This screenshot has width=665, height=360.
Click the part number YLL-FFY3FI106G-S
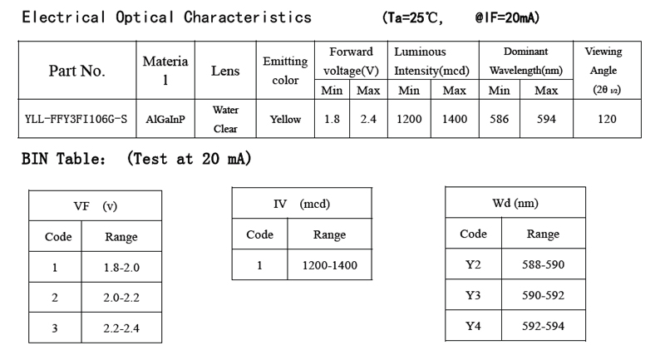pyautogui.click(x=76, y=120)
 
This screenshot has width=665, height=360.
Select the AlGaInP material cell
pyautogui.click(x=165, y=120)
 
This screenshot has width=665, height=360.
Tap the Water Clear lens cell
pyautogui.click(x=225, y=119)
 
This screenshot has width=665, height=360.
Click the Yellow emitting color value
pyautogui.click(x=285, y=120)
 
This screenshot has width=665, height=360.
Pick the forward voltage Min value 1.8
pyautogui.click(x=332, y=120)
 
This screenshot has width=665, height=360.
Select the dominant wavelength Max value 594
pyautogui.click(x=546, y=120)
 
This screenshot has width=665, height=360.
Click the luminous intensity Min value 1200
pyautogui.click(x=409, y=120)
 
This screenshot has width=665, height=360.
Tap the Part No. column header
pyautogui.click(x=76, y=71)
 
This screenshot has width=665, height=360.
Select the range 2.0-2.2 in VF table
pyautogui.click(x=121, y=298)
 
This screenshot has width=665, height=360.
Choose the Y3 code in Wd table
pyautogui.click(x=473, y=295)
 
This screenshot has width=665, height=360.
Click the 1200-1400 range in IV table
pyautogui.click(x=329, y=266)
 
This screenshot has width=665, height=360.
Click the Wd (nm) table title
pyautogui.click(x=515, y=203)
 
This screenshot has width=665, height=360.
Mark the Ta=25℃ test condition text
pyautogui.click(x=413, y=17)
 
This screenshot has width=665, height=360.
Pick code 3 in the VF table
pyautogui.click(x=55, y=328)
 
